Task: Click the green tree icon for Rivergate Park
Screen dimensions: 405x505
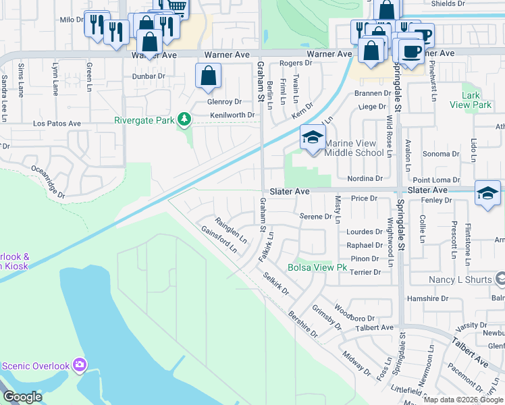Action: coord(184,120)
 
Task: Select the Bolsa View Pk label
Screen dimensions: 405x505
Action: coord(317,268)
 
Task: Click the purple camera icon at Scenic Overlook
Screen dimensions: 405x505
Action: coord(80,365)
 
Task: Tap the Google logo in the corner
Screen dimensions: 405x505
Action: coord(22,397)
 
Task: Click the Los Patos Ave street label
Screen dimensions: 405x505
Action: coord(57,124)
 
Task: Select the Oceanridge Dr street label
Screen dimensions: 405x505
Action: coord(47,182)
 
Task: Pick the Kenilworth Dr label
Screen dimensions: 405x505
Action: coord(232,115)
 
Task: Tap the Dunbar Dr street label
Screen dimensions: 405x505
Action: coord(149,76)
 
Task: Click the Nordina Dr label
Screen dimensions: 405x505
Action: coord(365,178)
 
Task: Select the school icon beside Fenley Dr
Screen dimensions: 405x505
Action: coord(487,192)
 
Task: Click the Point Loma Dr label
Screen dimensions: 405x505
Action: coord(436,180)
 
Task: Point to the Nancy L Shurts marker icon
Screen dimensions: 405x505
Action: coord(500,279)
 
